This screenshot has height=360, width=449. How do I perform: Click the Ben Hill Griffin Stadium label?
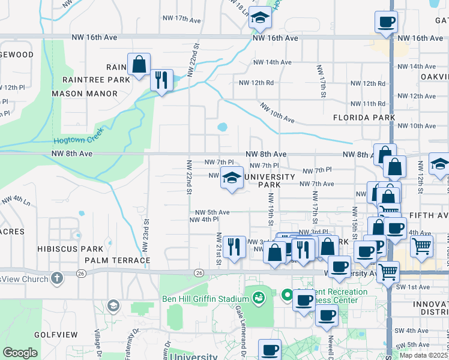pos(205,299)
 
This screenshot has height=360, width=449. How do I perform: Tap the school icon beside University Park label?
pos(232,178)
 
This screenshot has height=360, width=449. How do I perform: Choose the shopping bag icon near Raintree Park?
pos(139,65)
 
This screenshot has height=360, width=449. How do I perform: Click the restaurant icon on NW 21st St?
pos(234,247)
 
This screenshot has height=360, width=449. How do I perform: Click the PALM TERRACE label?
pos(117,260)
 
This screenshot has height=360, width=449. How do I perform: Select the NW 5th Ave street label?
pos(212,212)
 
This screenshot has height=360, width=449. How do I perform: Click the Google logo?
pos(20,353)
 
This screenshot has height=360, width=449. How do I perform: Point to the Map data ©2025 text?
pos(424,355)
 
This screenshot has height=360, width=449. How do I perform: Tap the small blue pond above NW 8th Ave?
pos(223,127)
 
